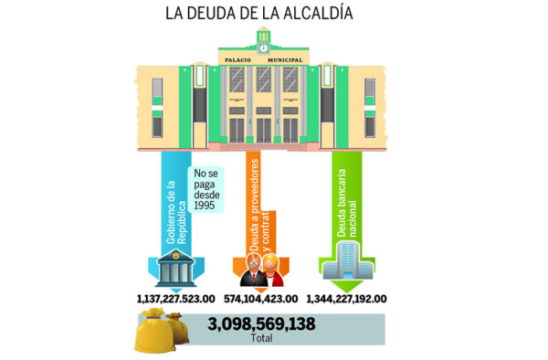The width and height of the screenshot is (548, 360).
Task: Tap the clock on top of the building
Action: pos(263,46)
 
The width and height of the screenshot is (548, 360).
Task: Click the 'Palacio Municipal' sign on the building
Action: pos(263,60)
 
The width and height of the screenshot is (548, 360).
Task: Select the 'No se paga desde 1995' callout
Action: pos(208,192)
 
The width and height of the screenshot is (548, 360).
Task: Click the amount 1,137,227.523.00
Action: pos(174,298)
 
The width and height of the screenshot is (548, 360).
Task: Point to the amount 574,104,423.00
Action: pos(260,298)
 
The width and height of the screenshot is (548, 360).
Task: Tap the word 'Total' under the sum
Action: pos(261,338)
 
